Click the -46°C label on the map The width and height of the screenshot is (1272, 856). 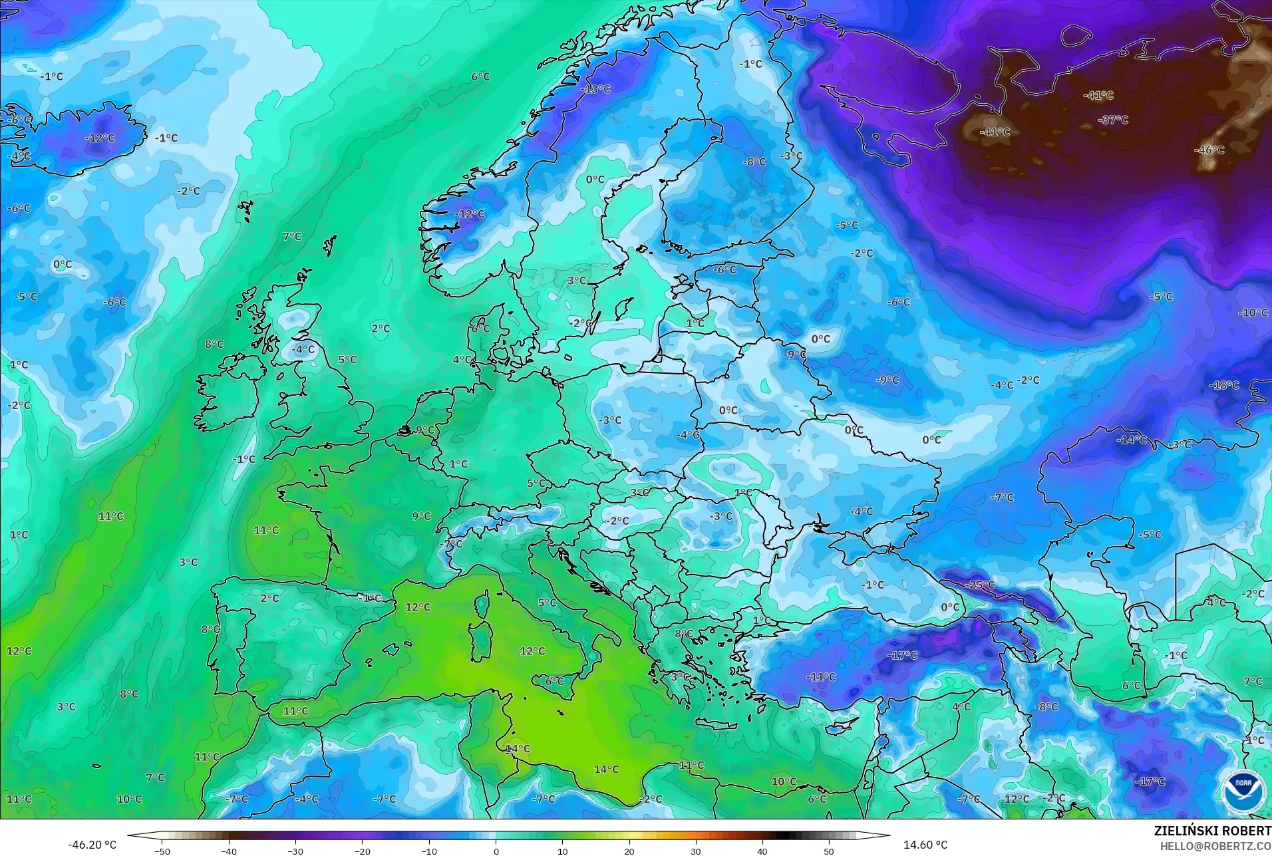coord(1209,150)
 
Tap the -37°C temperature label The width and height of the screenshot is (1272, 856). coord(1113,120)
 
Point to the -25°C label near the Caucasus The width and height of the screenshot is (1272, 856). coord(981,585)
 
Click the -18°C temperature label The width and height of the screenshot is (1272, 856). coord(1224,385)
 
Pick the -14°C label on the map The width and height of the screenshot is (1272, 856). coord(1131,440)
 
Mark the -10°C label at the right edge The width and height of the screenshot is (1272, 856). coord(1253,313)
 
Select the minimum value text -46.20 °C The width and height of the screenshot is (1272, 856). coord(92,845)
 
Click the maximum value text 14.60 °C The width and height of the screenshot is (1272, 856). coord(925,845)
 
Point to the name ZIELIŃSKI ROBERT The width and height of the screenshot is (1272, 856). coord(1212,831)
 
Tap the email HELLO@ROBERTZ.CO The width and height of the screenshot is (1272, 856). coord(1215,846)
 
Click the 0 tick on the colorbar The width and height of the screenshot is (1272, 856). coord(496,851)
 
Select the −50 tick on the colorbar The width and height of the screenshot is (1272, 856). coord(162,851)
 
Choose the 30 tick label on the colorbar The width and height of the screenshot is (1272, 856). coord(695,851)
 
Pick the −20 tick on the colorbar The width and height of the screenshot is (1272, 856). coord(362,851)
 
